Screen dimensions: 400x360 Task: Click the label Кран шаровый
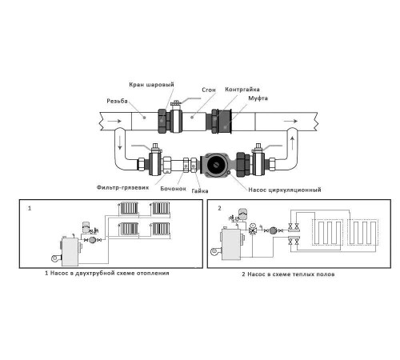click(151, 85)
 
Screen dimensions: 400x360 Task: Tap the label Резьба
click(117, 101)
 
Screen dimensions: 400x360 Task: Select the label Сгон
click(209, 90)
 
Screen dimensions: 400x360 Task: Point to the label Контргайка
click(242, 90)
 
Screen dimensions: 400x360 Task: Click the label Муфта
click(258, 98)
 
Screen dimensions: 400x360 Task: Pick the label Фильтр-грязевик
click(122, 187)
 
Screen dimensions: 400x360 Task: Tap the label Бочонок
click(173, 189)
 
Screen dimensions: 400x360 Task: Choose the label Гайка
click(200, 191)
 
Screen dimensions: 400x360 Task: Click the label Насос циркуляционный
click(285, 190)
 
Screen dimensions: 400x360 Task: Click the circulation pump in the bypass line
click(215, 165)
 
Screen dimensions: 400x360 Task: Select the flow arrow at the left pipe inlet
click(114, 122)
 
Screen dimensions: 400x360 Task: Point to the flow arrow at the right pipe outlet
click(290, 122)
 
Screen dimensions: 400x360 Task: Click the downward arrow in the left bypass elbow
click(120, 142)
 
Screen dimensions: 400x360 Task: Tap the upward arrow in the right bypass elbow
click(292, 142)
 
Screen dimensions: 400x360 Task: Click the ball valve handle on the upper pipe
click(186, 100)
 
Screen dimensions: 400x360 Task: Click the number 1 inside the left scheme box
click(30, 208)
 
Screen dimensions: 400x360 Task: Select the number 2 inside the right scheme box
click(219, 208)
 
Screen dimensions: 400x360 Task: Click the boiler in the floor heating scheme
click(231, 244)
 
